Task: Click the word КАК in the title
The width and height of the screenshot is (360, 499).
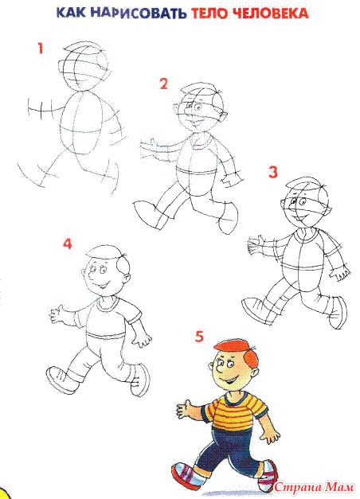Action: pos(71,14)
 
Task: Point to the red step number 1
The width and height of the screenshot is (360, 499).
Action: pos(40,49)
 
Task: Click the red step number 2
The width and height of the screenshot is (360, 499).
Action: pos(163,84)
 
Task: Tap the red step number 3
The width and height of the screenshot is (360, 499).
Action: pos(273,172)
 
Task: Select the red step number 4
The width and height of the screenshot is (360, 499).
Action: pos(68,244)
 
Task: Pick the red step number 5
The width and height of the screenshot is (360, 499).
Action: pos(199,337)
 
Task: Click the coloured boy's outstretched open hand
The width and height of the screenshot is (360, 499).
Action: pos(184,409)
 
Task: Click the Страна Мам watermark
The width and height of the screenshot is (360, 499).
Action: pos(314,486)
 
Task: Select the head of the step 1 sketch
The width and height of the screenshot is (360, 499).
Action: pos(84,68)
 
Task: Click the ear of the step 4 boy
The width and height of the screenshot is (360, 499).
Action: pos(84,274)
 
